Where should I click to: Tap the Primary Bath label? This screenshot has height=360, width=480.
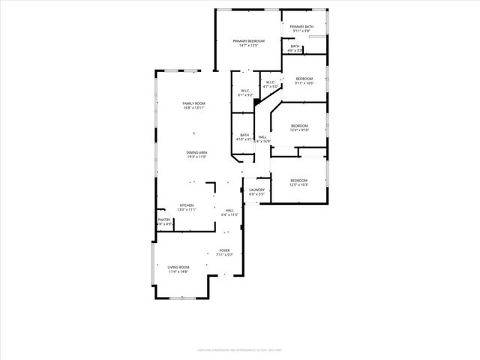(302, 26)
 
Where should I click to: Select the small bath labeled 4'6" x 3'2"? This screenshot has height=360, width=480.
(295, 48)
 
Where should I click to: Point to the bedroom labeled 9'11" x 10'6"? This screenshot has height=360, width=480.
(304, 81)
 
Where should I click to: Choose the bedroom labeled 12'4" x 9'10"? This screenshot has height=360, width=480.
(299, 127)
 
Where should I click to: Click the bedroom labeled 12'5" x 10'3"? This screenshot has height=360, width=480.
(299, 181)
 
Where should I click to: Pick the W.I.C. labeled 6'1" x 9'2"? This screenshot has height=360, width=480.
(244, 93)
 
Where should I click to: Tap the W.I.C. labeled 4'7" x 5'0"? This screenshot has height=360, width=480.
(271, 84)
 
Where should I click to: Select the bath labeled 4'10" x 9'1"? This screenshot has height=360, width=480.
(244, 137)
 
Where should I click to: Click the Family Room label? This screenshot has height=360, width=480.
(193, 103)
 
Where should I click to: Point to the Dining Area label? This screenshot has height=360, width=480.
(197, 153)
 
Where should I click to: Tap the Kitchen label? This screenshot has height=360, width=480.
(187, 205)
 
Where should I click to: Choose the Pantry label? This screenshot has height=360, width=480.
(164, 220)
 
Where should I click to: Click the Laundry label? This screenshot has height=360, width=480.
(256, 190)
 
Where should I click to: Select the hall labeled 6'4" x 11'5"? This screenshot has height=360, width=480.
(229, 213)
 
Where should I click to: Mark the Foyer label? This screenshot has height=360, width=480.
(224, 250)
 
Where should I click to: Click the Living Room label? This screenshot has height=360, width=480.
(178, 267)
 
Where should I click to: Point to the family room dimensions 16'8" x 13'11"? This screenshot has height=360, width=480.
(193, 108)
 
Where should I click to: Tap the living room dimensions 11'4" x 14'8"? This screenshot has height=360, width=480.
(178, 271)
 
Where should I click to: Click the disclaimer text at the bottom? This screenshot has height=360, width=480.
(240, 349)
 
